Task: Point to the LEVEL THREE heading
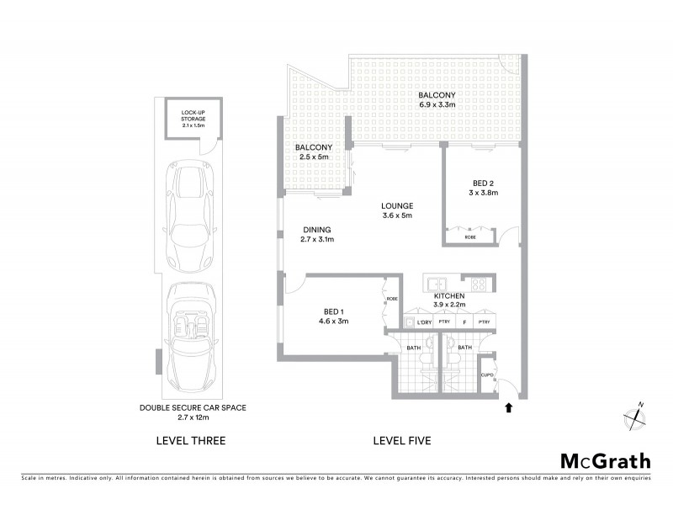click(192, 440)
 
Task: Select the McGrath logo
click(605, 461)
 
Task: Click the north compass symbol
click(633, 415)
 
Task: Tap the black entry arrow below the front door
click(507, 408)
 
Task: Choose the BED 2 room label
click(483, 188)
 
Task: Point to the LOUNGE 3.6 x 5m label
click(395, 210)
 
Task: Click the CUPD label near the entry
click(486, 375)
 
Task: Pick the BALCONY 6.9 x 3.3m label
click(437, 100)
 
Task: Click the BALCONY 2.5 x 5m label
click(310, 152)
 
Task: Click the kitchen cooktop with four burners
click(478, 284)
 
